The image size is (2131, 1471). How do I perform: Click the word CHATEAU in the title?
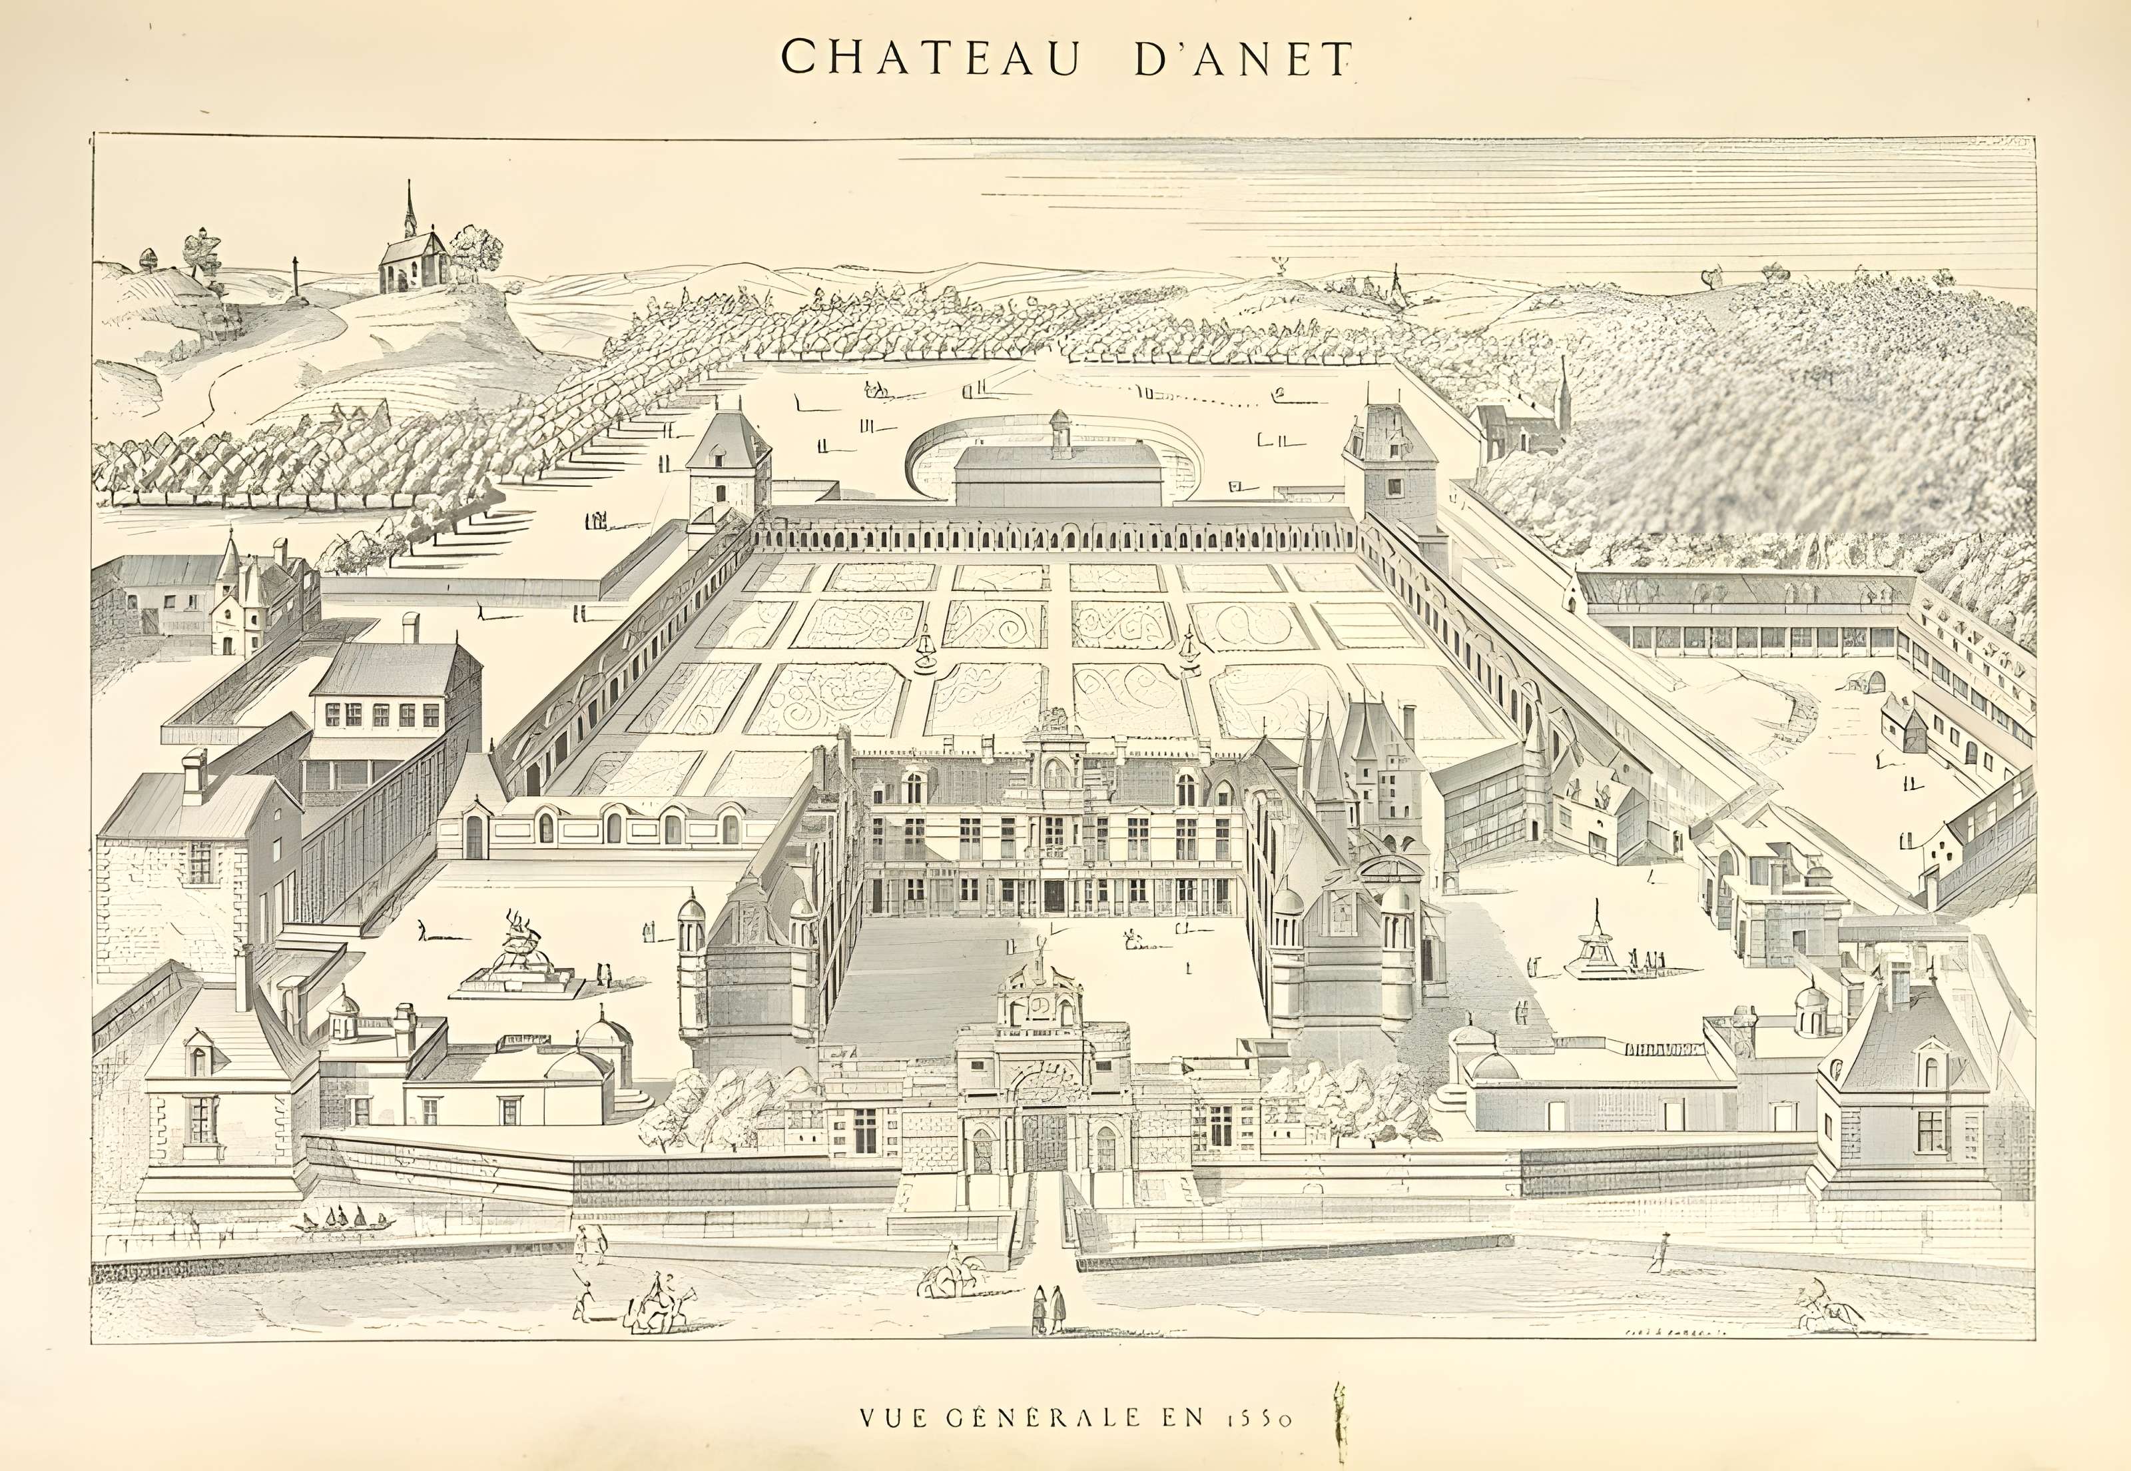click(x=930, y=57)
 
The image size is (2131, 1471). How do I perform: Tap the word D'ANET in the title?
click(x=1242, y=57)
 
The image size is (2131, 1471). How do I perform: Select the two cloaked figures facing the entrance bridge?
click(x=1048, y=1309)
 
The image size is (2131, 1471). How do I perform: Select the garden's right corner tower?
click(x=1389, y=461)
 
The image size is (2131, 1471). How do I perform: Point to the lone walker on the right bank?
click(x=1658, y=1252)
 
